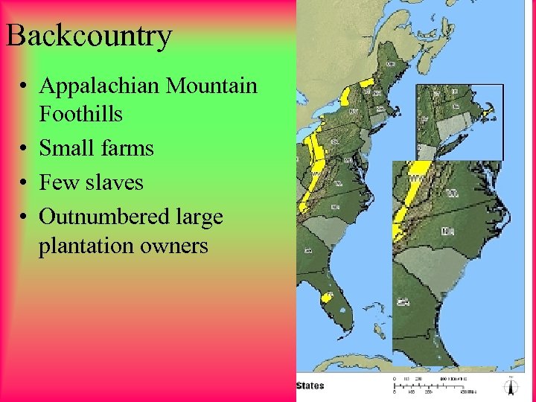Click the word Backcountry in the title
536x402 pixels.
(89, 36)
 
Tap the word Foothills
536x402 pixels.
(80, 114)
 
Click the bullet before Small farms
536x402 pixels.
(26, 149)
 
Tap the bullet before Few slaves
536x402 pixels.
(26, 183)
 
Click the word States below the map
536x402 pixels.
(310, 386)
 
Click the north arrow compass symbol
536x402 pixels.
(511, 387)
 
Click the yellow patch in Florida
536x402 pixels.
(326, 297)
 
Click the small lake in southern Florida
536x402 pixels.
(340, 307)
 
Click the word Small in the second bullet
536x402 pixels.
(65, 148)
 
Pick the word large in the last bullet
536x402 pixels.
(200, 217)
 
